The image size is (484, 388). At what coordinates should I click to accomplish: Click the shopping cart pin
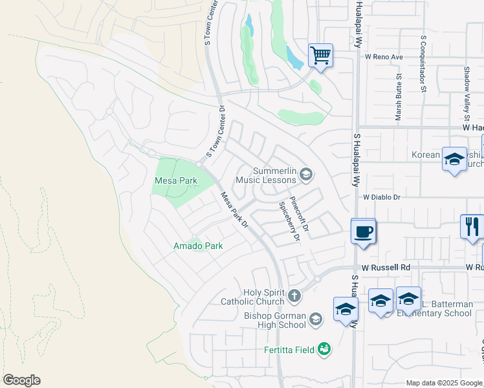[320, 55]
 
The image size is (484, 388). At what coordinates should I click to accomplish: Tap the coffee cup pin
[363, 231]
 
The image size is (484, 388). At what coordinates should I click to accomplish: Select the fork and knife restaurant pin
[472, 226]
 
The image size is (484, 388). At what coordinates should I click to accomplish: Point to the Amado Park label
[197, 246]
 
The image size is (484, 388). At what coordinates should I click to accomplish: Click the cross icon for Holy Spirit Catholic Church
[294, 297]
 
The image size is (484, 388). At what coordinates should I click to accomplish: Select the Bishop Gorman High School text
[274, 320]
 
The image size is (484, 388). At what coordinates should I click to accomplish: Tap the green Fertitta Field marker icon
[324, 350]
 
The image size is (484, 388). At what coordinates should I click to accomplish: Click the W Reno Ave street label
[384, 57]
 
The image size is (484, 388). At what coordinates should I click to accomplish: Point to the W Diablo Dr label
[382, 197]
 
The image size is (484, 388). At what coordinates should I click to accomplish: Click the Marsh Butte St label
[399, 97]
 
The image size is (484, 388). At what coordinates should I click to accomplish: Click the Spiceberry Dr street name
[289, 221]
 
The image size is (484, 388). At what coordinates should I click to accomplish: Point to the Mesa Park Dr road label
[234, 210]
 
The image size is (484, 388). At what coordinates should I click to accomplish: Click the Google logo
[21, 380]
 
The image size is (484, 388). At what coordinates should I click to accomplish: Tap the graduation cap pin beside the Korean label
[454, 158]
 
